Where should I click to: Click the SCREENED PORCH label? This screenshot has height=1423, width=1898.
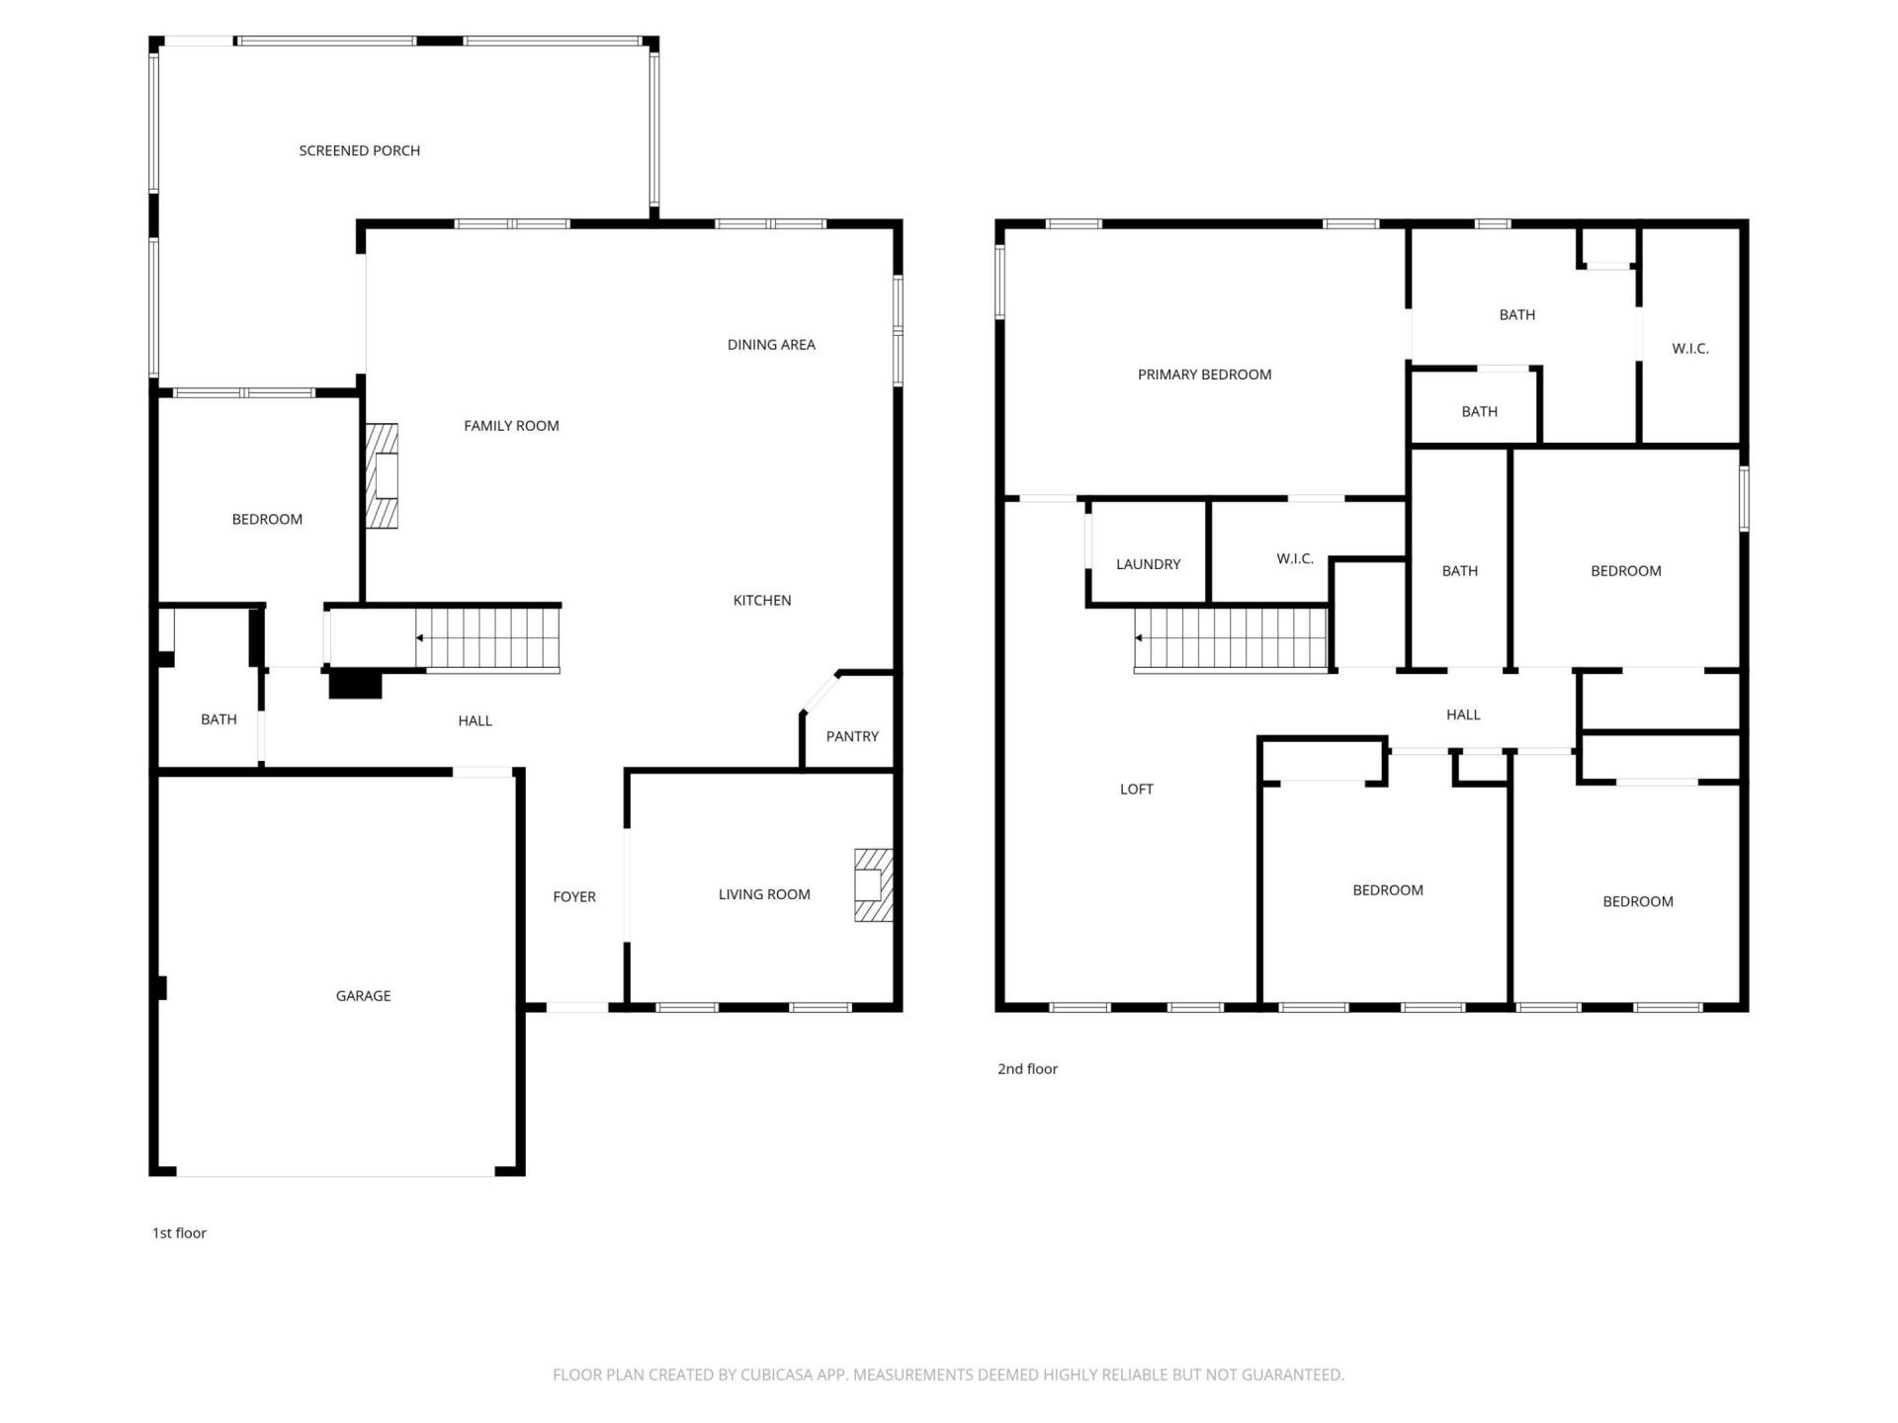coord(360,150)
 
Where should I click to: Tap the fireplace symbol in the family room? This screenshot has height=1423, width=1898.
coord(382,476)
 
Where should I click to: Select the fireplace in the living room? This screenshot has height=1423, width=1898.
coord(874,885)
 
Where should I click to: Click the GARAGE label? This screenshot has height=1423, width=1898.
coord(364,996)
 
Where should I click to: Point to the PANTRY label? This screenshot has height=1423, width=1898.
coord(852,736)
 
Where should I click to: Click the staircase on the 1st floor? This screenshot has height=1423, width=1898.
coord(487,638)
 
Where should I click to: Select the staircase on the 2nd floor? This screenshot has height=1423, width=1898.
coord(1231,638)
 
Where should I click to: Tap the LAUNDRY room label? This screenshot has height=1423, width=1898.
coord(1149,564)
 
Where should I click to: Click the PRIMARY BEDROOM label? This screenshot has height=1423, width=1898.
coord(1205,375)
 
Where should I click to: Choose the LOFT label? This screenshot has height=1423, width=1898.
coord(1137,789)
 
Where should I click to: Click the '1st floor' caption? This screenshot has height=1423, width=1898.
coord(179,1233)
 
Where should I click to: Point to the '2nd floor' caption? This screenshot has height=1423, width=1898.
coord(1028,1069)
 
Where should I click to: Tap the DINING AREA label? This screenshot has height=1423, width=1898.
coord(772,345)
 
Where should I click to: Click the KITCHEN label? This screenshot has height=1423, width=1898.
coord(762,601)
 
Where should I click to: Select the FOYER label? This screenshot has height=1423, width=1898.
coord(574,897)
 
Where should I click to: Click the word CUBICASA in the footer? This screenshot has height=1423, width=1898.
coord(779,1375)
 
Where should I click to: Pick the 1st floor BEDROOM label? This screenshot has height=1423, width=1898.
coord(267,520)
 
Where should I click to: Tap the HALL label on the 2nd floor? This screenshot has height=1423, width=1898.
coord(1464,714)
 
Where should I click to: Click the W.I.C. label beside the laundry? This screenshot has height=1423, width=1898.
coord(1295,559)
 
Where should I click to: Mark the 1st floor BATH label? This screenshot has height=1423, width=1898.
coord(218,719)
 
